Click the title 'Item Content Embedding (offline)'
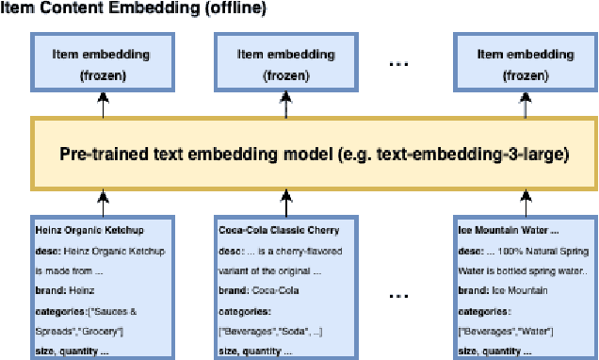(133, 8)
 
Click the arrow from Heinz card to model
(102, 200)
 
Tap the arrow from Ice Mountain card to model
(525, 200)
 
